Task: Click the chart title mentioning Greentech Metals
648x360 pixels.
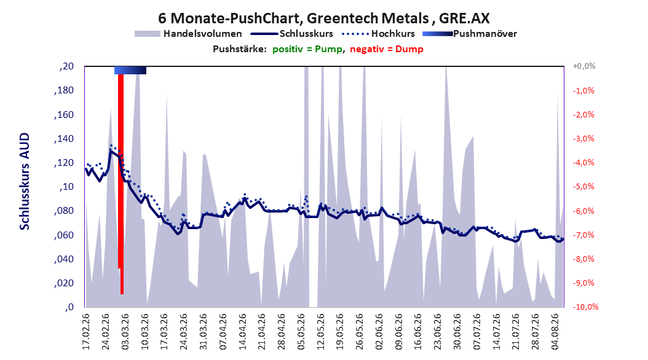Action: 324,18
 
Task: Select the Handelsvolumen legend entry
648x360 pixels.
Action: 189,34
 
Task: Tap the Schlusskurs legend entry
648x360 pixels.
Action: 292,34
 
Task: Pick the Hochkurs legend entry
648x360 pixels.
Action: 378,34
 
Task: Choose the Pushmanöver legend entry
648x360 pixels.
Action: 470,34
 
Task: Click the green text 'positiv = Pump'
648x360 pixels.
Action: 307,49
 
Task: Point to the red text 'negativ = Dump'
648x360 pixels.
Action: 387,49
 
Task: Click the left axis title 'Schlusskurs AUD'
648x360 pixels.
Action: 25,181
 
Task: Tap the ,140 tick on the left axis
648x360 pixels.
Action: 64,139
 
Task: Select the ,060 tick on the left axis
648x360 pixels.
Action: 64,235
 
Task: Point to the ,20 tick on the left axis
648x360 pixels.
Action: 66,66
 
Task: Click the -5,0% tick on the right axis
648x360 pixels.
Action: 583,187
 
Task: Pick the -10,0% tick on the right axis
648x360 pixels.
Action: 585,307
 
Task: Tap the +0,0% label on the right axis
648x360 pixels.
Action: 584,66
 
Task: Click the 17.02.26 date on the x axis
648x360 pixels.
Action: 86,332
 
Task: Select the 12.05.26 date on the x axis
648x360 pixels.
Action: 321,332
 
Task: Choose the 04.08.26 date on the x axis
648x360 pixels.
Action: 555,332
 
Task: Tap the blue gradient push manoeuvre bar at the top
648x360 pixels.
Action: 130,70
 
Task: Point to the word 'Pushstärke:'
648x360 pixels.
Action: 240,49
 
